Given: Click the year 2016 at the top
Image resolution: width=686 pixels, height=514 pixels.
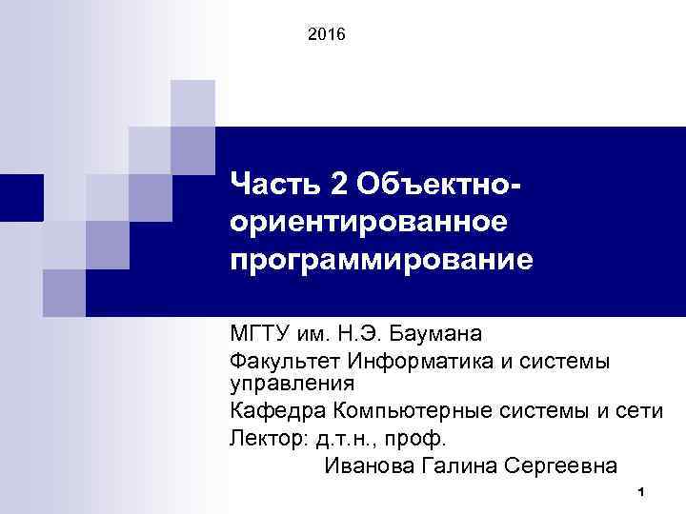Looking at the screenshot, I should point(329,35).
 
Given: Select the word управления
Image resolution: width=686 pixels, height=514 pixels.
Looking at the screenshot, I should point(292,384).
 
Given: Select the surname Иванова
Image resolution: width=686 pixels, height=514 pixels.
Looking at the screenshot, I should point(368,466).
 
